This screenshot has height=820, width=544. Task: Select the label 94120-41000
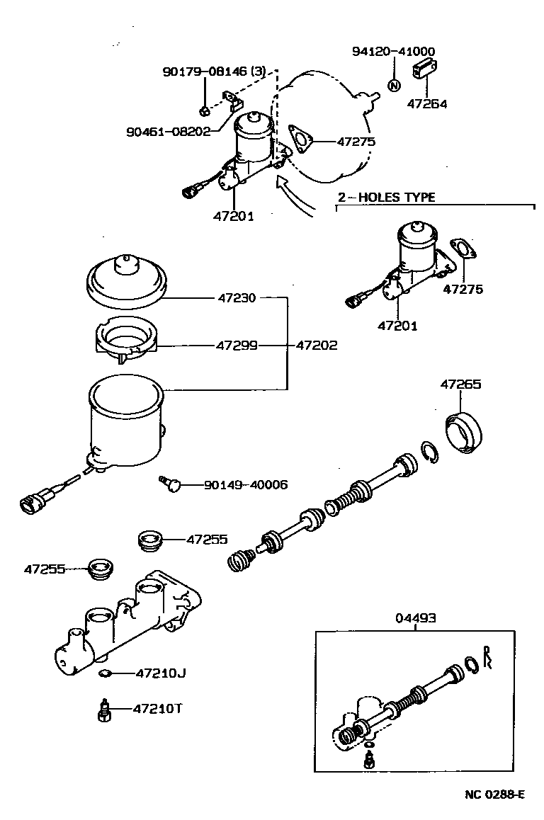pos(394,52)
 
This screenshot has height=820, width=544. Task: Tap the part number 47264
pos(427,104)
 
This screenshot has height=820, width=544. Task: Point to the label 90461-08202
pos(169,132)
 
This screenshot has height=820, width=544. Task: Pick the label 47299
pos(237,346)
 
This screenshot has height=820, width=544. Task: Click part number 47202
pos(316,346)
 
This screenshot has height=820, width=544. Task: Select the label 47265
pos(460,385)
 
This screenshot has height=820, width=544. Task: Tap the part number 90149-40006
pos(246,485)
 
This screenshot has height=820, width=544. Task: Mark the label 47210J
pos(161,673)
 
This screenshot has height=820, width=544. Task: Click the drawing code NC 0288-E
pos(494,795)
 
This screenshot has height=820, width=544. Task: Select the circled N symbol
pos(394,86)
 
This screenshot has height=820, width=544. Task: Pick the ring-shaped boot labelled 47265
pos(465,433)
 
